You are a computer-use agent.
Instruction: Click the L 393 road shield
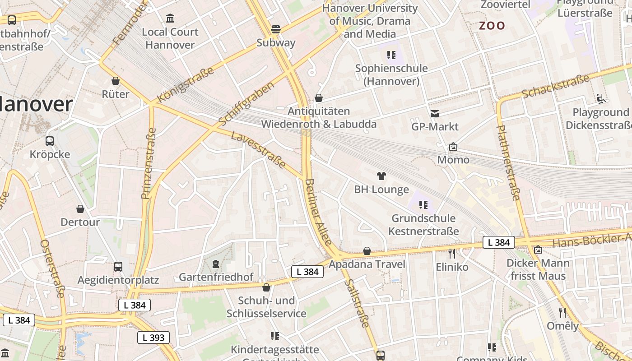tap(153, 337)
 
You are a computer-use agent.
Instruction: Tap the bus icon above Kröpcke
tap(50, 141)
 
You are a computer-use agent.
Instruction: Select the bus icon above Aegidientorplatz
tap(118, 267)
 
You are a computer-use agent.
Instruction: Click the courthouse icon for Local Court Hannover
tap(170, 19)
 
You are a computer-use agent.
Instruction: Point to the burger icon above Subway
tap(276, 29)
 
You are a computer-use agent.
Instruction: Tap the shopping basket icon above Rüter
tap(116, 81)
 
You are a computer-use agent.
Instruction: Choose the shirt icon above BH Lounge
tap(381, 176)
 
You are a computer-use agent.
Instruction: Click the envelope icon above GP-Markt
tap(435, 114)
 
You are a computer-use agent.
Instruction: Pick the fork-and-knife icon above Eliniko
tap(452, 254)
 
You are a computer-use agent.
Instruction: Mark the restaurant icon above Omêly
tap(562, 312)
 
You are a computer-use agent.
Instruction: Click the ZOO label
tap(492, 26)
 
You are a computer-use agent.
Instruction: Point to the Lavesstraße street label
tap(258, 150)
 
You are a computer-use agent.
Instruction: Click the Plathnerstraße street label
tap(509, 162)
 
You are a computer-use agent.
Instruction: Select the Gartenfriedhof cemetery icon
tap(216, 264)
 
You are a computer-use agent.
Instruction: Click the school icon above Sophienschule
tap(391, 55)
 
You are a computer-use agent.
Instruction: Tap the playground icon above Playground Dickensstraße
tap(600, 99)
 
